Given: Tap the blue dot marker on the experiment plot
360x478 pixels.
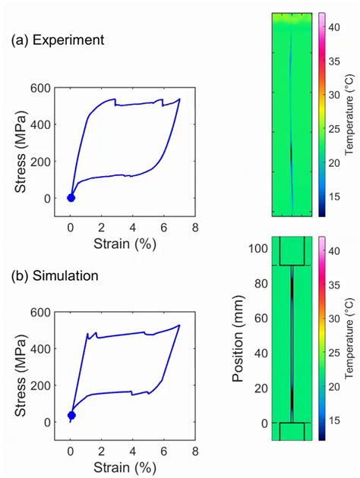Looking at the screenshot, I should pyautogui.click(x=71, y=198).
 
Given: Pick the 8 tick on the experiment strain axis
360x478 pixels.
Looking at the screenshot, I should pyautogui.click(x=195, y=228).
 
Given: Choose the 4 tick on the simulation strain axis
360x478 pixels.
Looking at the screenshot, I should pyautogui.click(x=133, y=451).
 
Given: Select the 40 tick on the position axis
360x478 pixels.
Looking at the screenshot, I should pyautogui.click(x=261, y=353).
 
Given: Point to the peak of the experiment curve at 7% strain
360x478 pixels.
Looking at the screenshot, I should pyautogui.click(x=180, y=99).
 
